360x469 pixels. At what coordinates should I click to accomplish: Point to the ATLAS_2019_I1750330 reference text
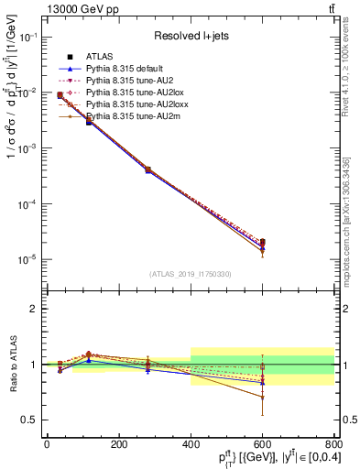click(190, 274)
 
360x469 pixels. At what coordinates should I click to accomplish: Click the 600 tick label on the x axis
click(262, 445)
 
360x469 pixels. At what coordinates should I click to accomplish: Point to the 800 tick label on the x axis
click(333, 445)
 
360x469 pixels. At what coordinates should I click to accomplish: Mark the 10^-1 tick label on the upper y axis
click(27, 38)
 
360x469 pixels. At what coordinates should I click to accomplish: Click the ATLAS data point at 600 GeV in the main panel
click(262, 243)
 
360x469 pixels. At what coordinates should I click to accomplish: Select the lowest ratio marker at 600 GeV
click(262, 398)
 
